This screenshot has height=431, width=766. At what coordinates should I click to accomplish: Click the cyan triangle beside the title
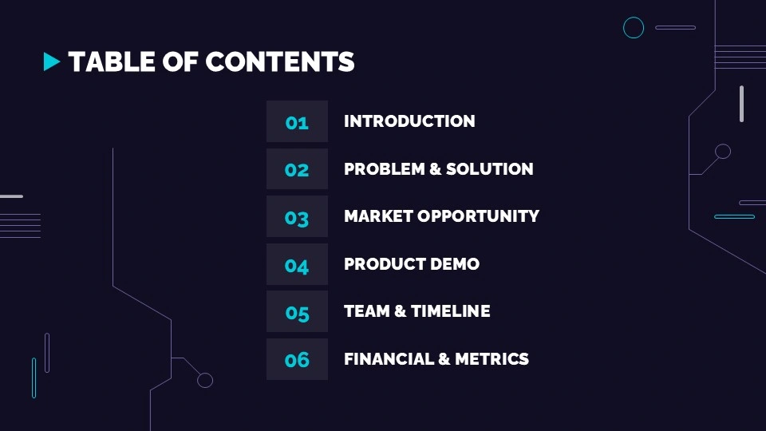[x=52, y=61]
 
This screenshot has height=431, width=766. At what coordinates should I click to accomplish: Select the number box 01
[x=297, y=121]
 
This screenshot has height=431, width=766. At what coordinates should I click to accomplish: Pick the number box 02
[x=297, y=169]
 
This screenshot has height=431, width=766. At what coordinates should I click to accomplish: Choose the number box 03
[x=297, y=216]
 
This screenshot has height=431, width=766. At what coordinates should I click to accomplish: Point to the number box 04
[x=297, y=264]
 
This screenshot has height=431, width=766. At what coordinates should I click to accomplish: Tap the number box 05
[x=297, y=311]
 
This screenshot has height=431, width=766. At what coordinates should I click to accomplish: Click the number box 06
[x=297, y=359]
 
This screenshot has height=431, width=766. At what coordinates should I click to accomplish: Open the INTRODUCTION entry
[x=409, y=121]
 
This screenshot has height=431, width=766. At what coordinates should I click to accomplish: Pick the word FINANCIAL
[x=389, y=359]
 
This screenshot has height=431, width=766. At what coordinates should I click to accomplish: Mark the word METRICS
[x=492, y=359]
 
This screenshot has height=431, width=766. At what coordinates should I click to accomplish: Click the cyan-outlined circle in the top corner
[x=634, y=28]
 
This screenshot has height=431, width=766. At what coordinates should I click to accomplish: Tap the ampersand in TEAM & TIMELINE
[x=401, y=311]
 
